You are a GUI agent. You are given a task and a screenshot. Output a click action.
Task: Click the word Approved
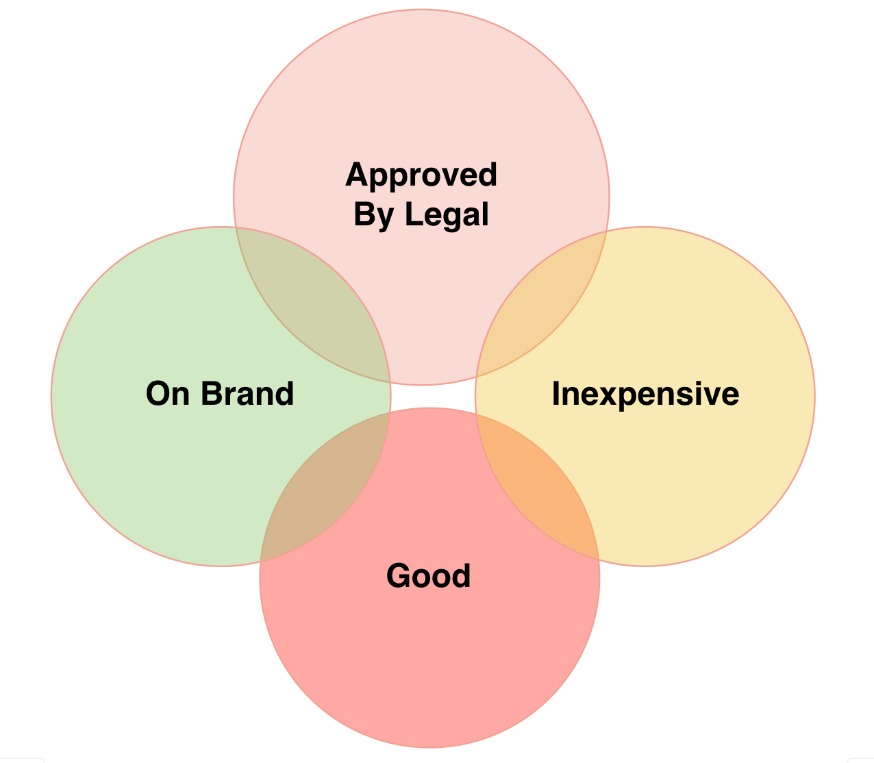[421, 175]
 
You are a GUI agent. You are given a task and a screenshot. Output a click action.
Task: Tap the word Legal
[447, 214]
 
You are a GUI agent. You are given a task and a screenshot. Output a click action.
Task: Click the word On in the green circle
[168, 394]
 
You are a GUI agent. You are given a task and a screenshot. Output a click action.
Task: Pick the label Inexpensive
[645, 394]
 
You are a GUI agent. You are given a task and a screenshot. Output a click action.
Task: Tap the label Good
[429, 575]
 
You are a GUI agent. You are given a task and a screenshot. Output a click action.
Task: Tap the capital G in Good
[399, 575]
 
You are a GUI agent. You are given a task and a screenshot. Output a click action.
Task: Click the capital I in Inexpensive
[556, 394]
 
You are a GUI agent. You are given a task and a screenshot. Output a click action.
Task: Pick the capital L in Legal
[411, 214]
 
